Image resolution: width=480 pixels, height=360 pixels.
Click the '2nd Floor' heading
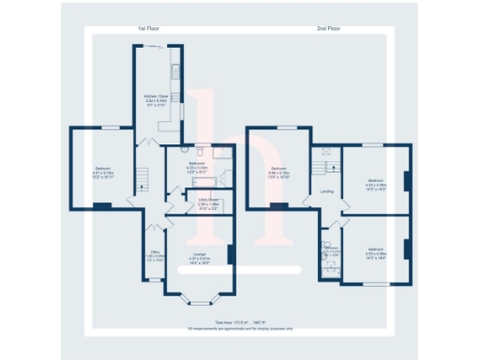click(329, 30)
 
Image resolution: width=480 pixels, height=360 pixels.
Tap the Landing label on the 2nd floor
click(326, 192)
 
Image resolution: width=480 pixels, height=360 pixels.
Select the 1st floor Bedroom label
click(102, 170)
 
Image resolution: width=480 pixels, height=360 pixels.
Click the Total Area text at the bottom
click(241, 322)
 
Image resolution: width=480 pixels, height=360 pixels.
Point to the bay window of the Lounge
click(199, 302)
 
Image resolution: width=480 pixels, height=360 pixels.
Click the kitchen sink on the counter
click(175, 69)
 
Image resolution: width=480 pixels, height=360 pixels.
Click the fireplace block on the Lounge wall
click(230, 254)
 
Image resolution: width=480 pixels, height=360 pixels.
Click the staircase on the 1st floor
click(143, 178)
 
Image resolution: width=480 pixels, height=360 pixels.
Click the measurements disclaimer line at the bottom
click(241, 328)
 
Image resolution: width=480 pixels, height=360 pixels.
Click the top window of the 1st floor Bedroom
click(112, 127)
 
